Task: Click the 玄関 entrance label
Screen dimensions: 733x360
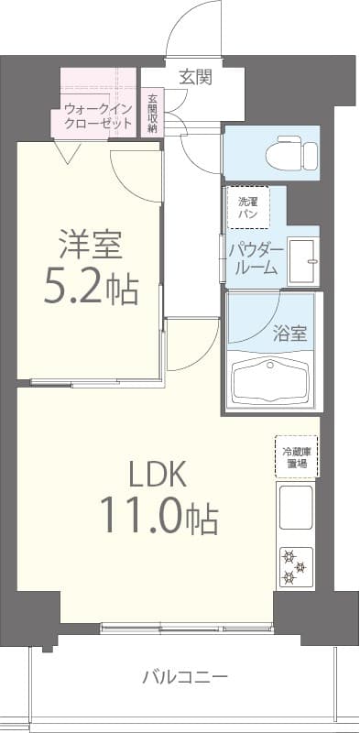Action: tap(195, 77)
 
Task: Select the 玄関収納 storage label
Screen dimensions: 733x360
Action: tap(152, 113)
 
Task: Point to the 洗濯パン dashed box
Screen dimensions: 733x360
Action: tap(248, 207)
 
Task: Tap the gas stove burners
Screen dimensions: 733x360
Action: tap(295, 565)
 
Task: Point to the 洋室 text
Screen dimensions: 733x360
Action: tap(91, 245)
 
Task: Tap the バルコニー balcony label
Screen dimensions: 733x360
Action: tap(184, 677)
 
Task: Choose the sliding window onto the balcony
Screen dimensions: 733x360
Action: tap(187, 629)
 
